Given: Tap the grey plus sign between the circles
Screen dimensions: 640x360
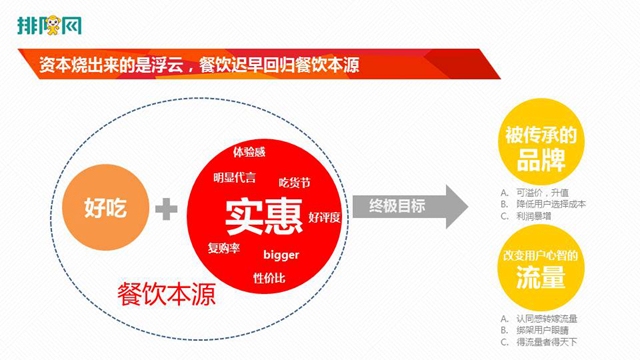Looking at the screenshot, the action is pos(168,210).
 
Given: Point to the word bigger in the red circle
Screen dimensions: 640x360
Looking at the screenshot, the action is pos(281,254).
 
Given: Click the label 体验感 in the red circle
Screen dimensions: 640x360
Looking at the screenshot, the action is pos(249,152).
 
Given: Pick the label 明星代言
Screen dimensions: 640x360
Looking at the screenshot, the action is pos(234,177).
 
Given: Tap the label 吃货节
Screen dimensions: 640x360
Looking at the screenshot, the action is pos(294,182).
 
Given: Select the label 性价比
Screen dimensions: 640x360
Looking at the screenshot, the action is pos(268,276).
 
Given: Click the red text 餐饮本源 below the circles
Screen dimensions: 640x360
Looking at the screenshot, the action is pos(157,293).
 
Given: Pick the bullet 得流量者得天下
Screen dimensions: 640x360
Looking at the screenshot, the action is pos(548,341).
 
